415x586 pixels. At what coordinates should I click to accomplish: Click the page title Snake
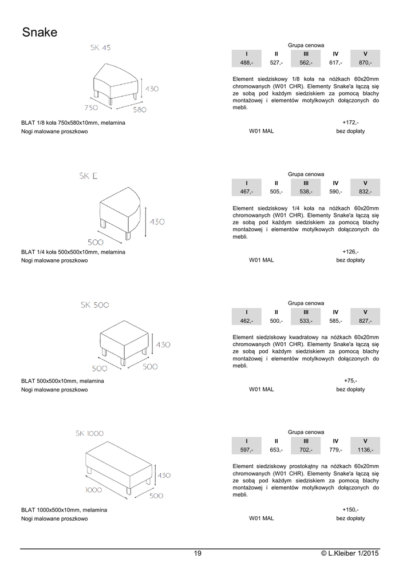(x=39, y=33)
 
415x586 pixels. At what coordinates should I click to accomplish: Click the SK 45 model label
(x=100, y=48)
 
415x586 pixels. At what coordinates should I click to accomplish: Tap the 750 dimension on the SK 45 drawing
(x=92, y=107)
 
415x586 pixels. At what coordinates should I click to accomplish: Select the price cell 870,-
(x=365, y=62)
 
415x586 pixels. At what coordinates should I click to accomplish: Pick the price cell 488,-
(x=246, y=62)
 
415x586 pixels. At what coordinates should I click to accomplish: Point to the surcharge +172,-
(x=350, y=122)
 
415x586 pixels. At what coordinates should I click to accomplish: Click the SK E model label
(x=89, y=176)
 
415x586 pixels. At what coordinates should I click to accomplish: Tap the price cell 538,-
(x=306, y=191)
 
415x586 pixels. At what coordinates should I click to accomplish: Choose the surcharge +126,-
(x=350, y=251)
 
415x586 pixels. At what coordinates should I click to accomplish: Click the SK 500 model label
(x=95, y=306)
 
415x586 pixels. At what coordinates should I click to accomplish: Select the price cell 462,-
(x=246, y=320)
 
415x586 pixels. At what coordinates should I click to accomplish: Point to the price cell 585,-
(x=335, y=320)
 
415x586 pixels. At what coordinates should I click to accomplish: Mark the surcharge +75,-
(x=350, y=381)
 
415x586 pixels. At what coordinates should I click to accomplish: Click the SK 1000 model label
(x=89, y=433)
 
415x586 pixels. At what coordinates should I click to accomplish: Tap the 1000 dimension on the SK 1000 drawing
(x=93, y=490)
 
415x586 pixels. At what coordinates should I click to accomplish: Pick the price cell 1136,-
(x=365, y=450)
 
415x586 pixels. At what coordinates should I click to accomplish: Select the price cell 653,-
(x=276, y=450)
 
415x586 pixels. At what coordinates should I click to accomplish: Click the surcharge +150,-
(x=350, y=509)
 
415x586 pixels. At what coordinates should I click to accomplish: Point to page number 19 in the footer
(x=197, y=553)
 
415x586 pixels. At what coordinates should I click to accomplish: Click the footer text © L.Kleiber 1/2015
(x=350, y=553)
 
